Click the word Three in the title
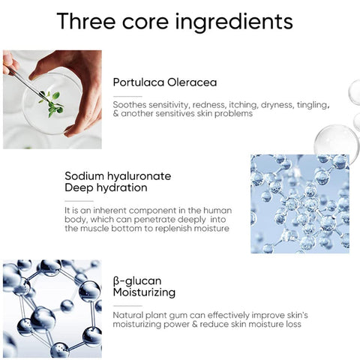point(86,21)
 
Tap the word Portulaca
point(138,82)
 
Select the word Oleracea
point(192,82)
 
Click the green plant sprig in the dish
point(52,103)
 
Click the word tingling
point(313,105)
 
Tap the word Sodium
point(84,176)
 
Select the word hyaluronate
point(139,177)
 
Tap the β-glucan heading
point(137,281)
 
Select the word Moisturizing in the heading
point(144,292)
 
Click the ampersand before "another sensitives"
point(115,114)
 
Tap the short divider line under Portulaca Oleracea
point(127,96)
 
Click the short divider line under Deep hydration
point(79,201)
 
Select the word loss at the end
point(293,325)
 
